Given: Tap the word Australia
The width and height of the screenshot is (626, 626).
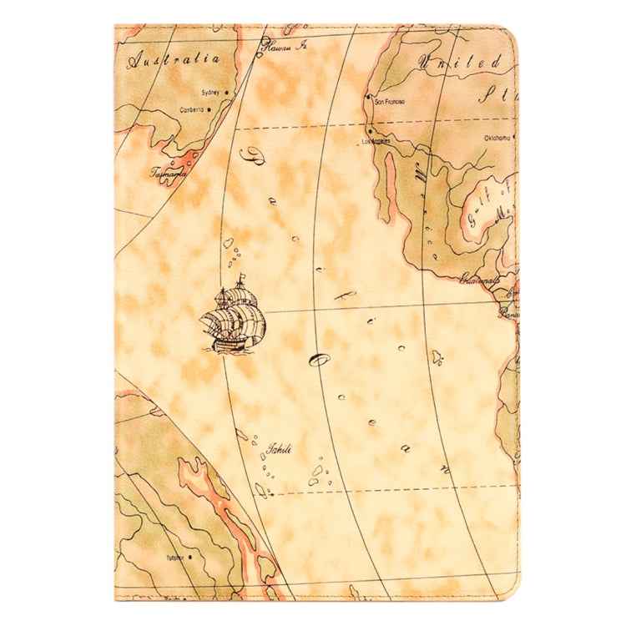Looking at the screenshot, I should (174, 60).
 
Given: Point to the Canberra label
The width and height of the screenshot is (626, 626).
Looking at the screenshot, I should (191, 109).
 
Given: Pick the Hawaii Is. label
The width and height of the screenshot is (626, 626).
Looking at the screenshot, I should (285, 48).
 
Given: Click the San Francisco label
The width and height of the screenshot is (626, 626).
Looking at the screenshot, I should (390, 101).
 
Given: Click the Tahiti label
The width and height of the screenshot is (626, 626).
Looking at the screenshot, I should (278, 450).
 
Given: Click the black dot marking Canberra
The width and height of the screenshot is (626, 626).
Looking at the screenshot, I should (209, 109).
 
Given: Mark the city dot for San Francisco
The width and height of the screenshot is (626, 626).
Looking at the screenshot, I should (368, 98).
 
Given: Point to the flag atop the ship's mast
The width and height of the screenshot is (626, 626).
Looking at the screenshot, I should (241, 276).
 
